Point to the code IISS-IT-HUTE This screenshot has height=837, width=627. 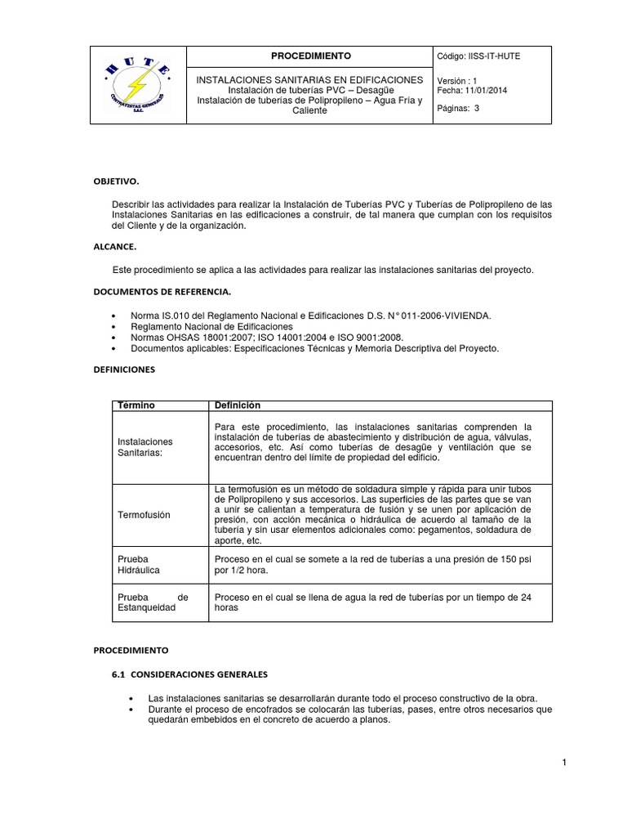coord(491,56)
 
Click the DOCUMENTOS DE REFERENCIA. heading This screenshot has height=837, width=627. coord(161,291)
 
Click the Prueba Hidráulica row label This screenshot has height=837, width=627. coord(139,565)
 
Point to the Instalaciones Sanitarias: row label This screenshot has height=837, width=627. coord(145,447)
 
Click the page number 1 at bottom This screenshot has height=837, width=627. coord(563,763)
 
